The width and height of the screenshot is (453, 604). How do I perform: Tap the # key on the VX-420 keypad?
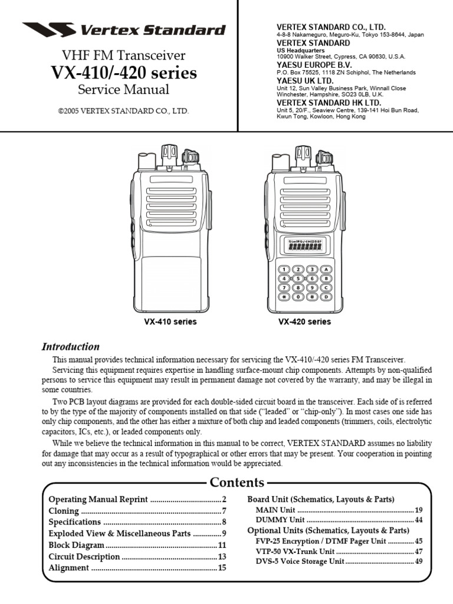pyautogui.click(x=311, y=297)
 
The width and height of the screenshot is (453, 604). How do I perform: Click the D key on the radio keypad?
pyautogui.click(x=325, y=297)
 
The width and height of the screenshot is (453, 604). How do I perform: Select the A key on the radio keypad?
pyautogui.click(x=325, y=269)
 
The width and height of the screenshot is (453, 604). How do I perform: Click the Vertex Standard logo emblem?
pyautogui.click(x=48, y=29)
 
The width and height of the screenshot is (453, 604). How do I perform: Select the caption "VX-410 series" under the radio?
pyautogui.click(x=170, y=322)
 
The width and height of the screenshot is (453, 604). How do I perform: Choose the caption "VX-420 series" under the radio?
pyautogui.click(x=304, y=322)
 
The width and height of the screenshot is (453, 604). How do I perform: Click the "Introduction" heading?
pyautogui.click(x=70, y=347)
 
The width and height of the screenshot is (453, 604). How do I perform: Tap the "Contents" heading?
pyautogui.click(x=238, y=482)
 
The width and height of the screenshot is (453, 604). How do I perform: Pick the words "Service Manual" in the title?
pyautogui.click(x=123, y=90)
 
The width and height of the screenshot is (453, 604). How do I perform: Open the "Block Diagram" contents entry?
pyautogui.click(x=76, y=545)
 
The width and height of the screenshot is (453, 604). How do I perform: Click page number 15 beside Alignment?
pyautogui.click(x=222, y=568)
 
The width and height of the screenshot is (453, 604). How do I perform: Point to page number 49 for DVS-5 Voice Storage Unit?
pyautogui.click(x=419, y=561)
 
